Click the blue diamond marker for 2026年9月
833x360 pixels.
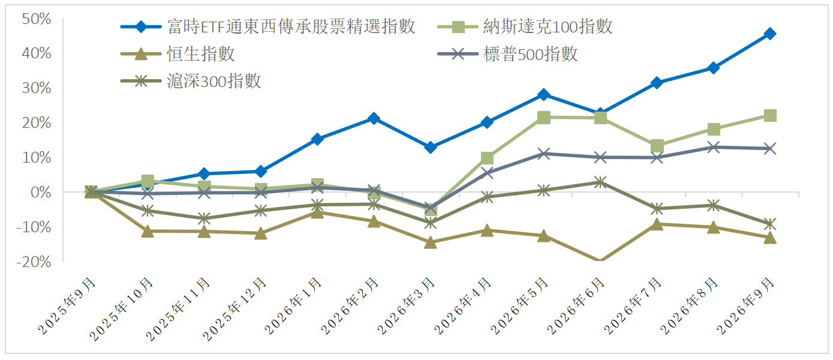pos(770,34)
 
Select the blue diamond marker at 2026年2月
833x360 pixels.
pos(374,118)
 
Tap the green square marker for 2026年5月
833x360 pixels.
pos(544,118)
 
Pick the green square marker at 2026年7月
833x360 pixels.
pos(657,146)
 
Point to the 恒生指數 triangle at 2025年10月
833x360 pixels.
pos(148,231)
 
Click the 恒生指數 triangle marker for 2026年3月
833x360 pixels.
pos(430,242)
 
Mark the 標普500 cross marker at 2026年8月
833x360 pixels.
pos(713,147)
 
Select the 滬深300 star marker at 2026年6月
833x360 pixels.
pos(600,182)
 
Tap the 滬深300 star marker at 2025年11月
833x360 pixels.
pos(204,218)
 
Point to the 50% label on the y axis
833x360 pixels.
pos(37,19)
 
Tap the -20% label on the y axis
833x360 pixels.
pos(34,262)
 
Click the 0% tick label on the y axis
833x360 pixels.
pos(41,192)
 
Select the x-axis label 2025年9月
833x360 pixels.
pos(67,307)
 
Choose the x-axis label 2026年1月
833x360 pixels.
pos(293,307)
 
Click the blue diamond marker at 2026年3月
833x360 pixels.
pos(430,147)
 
